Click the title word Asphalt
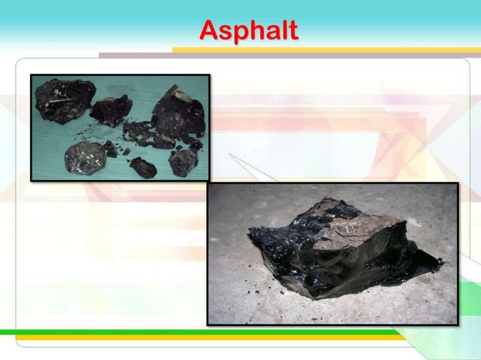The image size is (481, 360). point(249,31)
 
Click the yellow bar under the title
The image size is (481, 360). point(324,50)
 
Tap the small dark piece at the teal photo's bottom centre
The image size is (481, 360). point(142,166)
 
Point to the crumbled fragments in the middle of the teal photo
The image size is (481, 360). point(139,136)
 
